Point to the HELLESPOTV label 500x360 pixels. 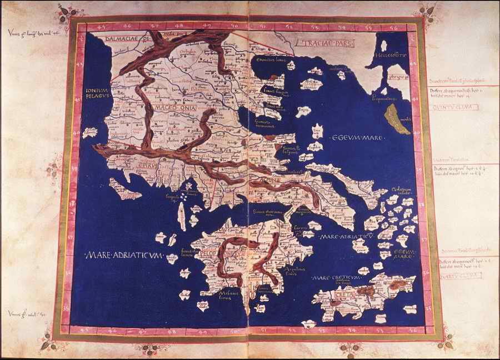[391, 56]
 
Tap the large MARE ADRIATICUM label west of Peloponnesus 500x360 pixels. [123, 255]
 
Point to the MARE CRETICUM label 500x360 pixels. [337, 276]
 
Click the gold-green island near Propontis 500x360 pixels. [399, 118]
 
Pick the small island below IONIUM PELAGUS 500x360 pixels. [89, 133]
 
